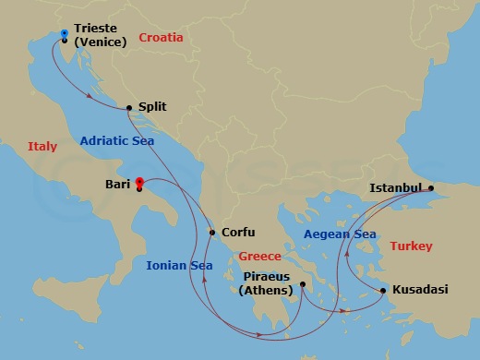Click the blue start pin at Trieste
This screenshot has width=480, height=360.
63,34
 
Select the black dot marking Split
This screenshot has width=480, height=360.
128,107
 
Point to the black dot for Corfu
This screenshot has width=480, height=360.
212,233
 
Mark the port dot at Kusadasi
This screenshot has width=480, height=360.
383,291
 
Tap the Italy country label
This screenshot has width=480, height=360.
42,146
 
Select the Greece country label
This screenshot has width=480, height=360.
259,256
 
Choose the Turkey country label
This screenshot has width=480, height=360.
411,246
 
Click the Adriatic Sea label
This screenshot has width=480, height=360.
117,141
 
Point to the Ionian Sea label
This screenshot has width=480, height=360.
179,266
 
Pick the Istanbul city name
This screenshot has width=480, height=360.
395,187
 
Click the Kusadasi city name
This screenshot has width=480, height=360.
420,290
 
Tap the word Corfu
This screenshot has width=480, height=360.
238,233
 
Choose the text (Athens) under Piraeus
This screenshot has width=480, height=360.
266,291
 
